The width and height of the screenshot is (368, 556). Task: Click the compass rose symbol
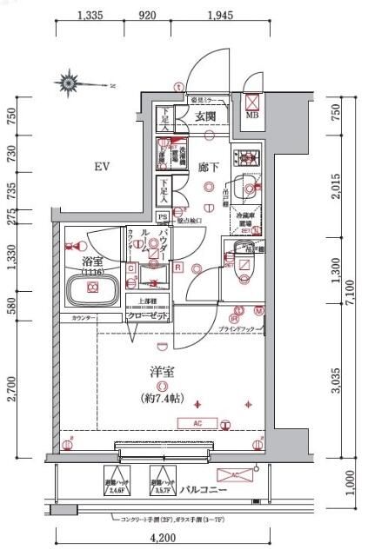pos(70,83)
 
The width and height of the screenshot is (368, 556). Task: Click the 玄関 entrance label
pos(205,116)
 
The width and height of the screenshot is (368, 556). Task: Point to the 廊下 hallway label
pos(206,166)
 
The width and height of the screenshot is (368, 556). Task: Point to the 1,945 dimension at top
pos(219,15)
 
